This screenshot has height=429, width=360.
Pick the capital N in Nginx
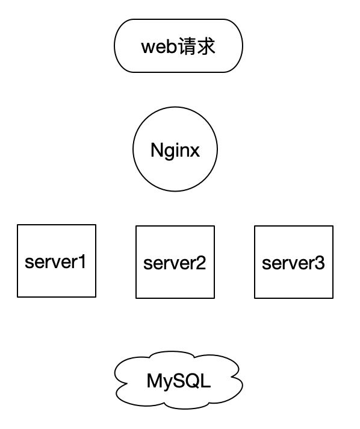156,150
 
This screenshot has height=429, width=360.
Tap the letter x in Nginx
194,151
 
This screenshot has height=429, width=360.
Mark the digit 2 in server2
200,263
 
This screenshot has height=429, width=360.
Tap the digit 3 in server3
319,263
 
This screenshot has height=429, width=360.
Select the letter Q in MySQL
193,381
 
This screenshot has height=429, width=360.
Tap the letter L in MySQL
206,381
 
